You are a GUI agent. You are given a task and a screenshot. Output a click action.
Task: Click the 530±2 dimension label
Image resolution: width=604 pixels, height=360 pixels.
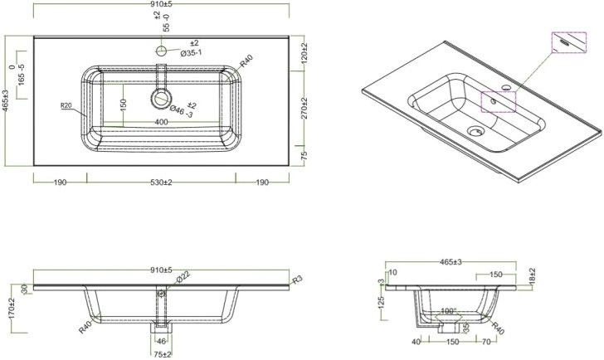click(x=162, y=182)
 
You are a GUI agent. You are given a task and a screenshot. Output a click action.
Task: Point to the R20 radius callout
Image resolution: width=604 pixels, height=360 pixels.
click(x=68, y=105)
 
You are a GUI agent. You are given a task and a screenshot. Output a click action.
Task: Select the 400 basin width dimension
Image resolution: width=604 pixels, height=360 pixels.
click(x=162, y=122)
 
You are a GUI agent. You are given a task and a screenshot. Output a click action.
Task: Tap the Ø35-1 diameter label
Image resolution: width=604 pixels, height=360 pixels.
click(x=190, y=53)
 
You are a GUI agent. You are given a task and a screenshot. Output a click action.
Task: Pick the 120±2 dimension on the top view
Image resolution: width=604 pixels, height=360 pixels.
click(x=305, y=56)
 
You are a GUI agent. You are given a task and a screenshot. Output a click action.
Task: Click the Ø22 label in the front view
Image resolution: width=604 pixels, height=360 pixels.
click(x=182, y=276)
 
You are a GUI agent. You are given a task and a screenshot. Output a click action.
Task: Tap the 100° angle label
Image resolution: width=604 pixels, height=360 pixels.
click(x=450, y=312)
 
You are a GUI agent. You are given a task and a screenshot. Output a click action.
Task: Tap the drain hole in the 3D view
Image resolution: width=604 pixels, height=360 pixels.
click(x=475, y=130)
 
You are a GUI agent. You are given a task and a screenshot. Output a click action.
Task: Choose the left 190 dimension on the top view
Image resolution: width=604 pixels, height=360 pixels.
click(x=60, y=182)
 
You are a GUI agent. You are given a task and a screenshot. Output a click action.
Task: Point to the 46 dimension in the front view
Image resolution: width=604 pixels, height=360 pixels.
click(x=161, y=340)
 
